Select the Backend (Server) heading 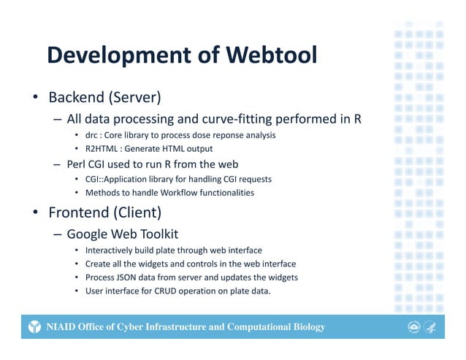coord(104,97)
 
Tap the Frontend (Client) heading coord(104,213)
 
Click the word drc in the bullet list coord(92,135)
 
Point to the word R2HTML coord(103,149)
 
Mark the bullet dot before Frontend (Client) coord(34,214)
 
